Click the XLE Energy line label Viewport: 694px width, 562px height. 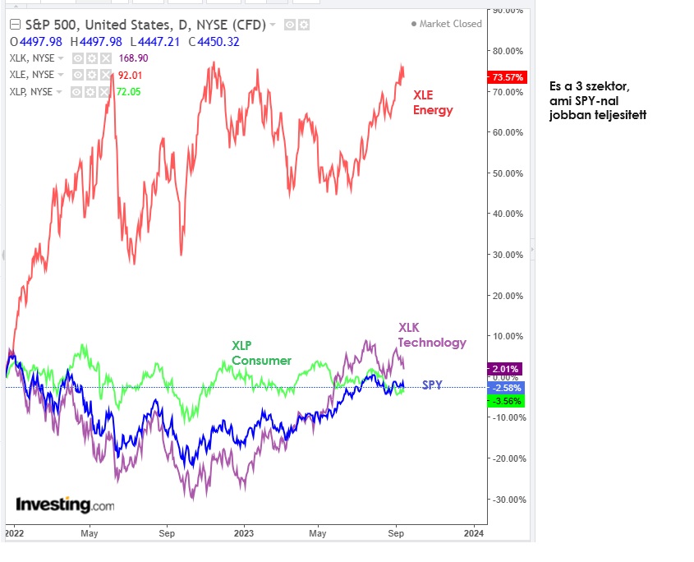click(x=433, y=102)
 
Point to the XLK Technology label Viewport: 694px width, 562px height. click(x=432, y=335)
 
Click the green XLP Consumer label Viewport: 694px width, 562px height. click(x=261, y=352)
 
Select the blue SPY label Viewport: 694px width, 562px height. click(x=432, y=385)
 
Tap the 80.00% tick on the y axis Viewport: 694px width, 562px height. click(x=508, y=51)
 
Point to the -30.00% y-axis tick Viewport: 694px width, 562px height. click(x=508, y=500)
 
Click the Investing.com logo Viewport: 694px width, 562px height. click(x=65, y=504)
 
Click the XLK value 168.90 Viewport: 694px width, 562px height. click(x=133, y=58)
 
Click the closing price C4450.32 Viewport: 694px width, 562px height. click(x=213, y=41)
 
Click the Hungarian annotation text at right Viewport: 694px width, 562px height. click(x=597, y=100)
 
